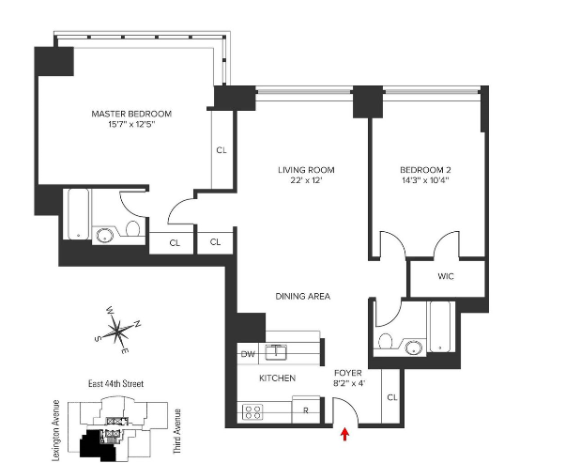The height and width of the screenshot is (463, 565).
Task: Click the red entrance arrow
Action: [x=345, y=434]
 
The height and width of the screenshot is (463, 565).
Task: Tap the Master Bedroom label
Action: [x=131, y=114]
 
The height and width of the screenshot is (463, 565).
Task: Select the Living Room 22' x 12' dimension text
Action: [x=306, y=180]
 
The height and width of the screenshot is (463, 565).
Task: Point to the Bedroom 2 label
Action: [x=425, y=170]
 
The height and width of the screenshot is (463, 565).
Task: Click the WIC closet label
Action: [x=446, y=276]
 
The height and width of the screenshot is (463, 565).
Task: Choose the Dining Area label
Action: [x=302, y=297]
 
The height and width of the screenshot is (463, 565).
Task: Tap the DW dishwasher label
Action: [x=248, y=354]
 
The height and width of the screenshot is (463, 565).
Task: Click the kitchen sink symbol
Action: [x=276, y=352]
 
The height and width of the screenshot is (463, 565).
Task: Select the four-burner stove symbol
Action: [x=252, y=411]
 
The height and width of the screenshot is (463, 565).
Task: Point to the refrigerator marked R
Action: [x=306, y=409]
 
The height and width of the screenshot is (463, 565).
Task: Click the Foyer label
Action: [x=348, y=373]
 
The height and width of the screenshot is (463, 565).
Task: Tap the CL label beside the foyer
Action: [x=392, y=397]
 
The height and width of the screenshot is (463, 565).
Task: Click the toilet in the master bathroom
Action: [x=132, y=228]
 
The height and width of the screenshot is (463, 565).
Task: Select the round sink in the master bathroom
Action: [x=105, y=236]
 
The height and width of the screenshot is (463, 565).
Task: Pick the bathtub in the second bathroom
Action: [x=440, y=326]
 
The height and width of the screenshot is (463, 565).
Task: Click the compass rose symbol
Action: [x=117, y=330]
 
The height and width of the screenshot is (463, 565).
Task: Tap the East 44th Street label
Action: [x=115, y=384]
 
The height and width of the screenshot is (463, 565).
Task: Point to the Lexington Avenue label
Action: [x=56, y=430]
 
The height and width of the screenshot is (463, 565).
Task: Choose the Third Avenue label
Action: [x=177, y=431]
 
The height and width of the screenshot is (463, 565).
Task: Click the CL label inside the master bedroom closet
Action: [x=221, y=150]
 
